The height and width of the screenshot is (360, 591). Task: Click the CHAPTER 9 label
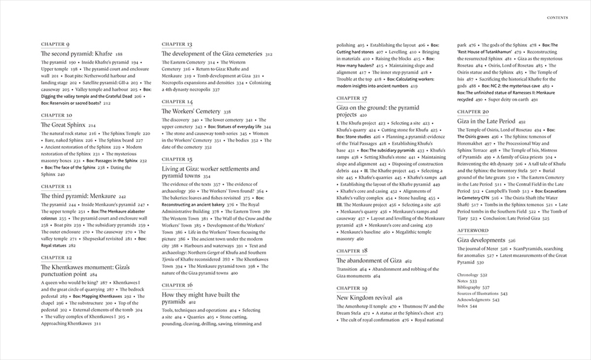[56, 45]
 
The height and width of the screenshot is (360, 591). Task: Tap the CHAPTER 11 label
[56, 187]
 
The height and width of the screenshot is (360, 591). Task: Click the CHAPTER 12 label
[57, 257]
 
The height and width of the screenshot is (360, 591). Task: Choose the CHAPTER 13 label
[177, 45]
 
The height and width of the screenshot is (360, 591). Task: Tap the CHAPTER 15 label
[177, 159]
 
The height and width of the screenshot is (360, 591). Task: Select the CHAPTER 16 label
[177, 285]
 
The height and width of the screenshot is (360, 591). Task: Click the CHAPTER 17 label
[352, 99]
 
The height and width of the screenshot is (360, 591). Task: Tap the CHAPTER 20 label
[473, 111]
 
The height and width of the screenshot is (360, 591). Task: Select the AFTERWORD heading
[473, 231]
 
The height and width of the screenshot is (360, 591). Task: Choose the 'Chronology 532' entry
[472, 275]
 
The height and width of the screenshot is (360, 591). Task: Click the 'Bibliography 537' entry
[474, 288]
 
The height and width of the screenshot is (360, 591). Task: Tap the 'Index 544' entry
[468, 306]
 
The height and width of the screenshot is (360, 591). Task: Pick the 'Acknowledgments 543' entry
[479, 300]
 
